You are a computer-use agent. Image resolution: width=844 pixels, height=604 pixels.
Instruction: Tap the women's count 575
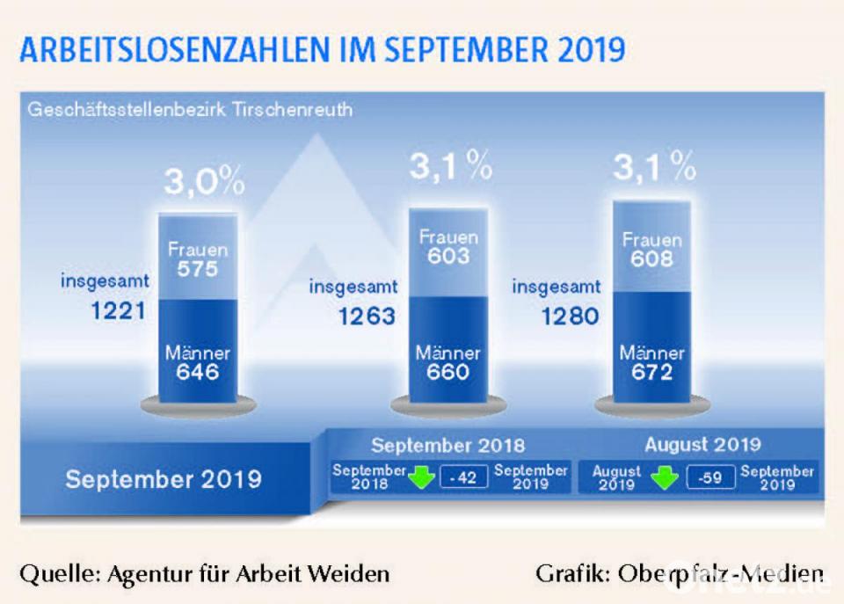[197, 269]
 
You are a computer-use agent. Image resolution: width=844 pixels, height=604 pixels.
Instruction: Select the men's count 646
[197, 372]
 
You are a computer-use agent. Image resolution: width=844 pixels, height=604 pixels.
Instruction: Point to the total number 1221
[118, 310]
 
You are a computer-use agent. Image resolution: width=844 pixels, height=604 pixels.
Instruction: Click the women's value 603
[448, 257]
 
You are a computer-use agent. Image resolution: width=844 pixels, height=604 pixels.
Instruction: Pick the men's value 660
[448, 372]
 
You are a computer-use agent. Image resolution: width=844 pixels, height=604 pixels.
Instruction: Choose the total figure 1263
[367, 316]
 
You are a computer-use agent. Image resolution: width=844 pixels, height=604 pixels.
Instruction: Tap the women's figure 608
[651, 259]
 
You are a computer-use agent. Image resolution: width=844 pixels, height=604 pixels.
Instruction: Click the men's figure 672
[651, 372]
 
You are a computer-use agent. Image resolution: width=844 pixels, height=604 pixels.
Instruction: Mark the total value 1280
[570, 316]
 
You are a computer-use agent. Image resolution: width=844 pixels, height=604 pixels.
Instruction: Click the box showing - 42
[463, 477]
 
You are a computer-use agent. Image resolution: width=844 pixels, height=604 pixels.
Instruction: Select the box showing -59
[710, 477]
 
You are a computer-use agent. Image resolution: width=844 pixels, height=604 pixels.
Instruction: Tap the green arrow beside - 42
[422, 477]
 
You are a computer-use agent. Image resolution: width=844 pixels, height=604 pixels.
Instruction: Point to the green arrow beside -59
[664, 477]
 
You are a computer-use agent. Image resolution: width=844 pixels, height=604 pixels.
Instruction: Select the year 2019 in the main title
[591, 50]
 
